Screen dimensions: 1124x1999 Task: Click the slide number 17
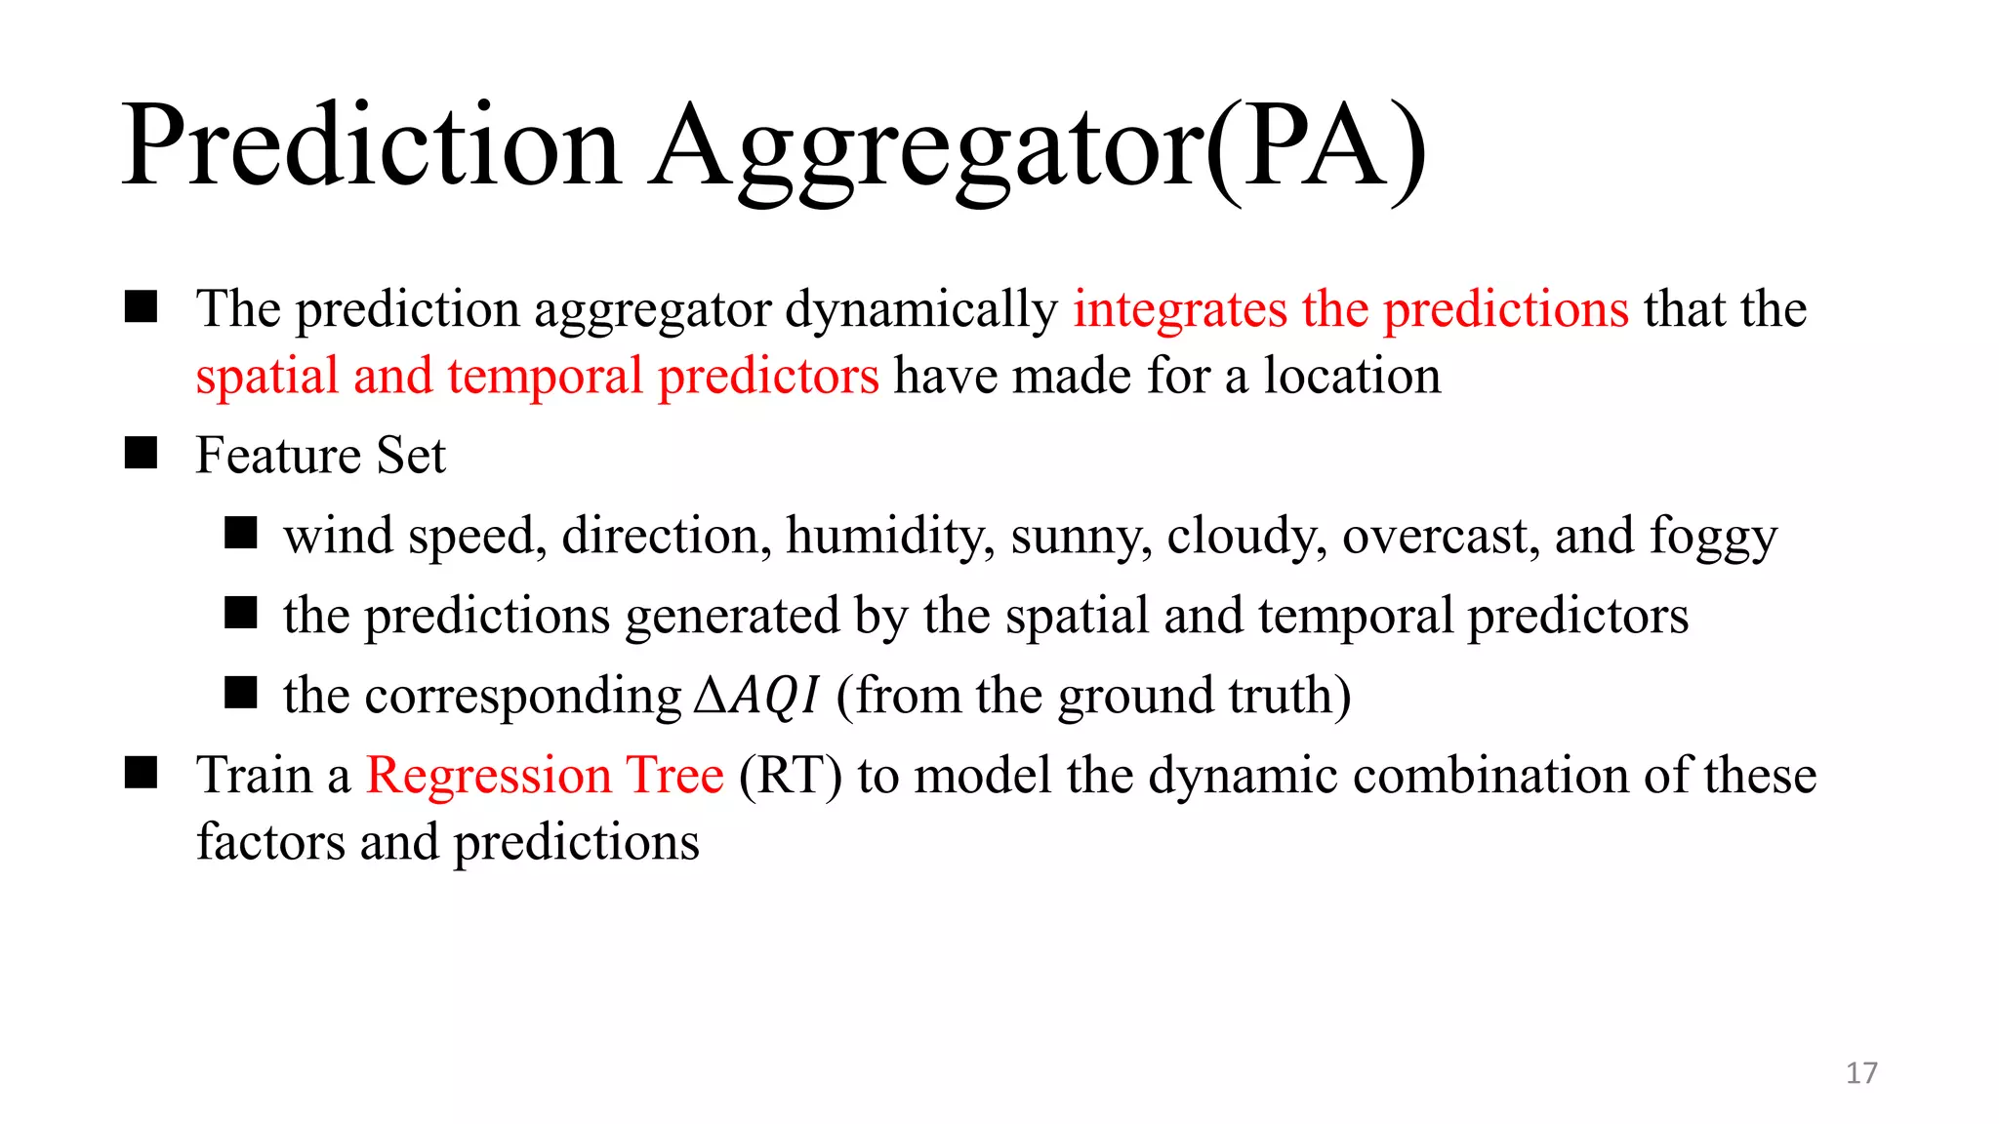coord(1860,1073)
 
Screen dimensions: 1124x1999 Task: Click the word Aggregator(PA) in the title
coord(1038,146)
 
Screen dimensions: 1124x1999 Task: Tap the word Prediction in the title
coord(371,146)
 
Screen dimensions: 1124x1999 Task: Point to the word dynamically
coord(921,310)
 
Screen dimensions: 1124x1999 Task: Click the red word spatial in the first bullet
coord(265,377)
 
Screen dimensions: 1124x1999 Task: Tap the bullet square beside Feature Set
coord(142,454)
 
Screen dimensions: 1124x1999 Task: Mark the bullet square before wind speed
coord(240,534)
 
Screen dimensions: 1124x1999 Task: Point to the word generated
coord(732,617)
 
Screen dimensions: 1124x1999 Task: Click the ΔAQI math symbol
coord(756,696)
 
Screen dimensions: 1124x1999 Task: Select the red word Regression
coord(488,777)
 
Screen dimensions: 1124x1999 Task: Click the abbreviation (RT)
coord(791,777)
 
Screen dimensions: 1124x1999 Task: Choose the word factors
coord(270,842)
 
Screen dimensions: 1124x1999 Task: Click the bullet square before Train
coord(142,774)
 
